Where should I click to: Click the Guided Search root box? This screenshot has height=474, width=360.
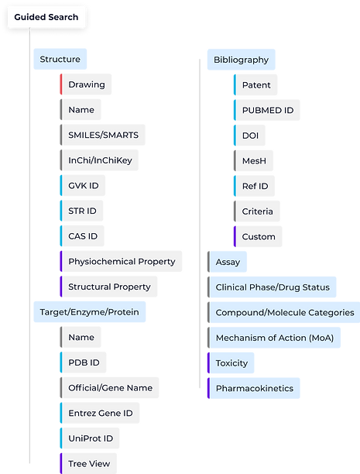46,16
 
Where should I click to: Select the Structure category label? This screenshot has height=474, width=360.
60,60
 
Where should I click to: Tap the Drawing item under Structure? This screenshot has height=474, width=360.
86,84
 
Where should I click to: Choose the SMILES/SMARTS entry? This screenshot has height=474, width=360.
103,135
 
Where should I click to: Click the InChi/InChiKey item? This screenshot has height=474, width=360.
99,160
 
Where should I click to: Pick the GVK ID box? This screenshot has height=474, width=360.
84,186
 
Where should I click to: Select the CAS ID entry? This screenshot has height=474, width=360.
84,236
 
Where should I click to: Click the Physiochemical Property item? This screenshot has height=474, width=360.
122,262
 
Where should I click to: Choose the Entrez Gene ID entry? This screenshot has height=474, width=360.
100,413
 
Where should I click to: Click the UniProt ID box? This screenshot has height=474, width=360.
91,438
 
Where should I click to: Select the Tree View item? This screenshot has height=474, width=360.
89,463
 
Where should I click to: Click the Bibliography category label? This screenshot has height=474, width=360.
242,60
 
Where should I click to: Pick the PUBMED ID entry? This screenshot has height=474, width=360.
267,110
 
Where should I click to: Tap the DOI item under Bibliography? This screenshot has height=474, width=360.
250,136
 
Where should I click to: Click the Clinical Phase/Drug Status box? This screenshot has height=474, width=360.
272,287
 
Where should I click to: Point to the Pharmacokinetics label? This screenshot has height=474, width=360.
254,388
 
